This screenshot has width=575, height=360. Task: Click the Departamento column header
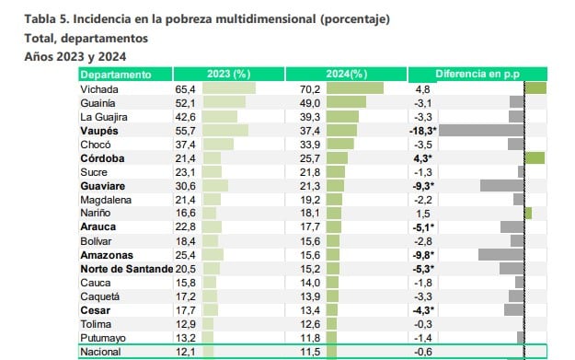115,74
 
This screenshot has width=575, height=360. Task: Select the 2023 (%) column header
229,74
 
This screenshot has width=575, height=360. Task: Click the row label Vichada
98,89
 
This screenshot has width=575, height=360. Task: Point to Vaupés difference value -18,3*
422,131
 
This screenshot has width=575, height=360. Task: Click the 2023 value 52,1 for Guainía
186,103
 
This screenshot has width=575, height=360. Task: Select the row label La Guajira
103,117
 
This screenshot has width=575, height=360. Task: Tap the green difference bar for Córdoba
535,158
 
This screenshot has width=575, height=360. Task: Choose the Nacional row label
101,352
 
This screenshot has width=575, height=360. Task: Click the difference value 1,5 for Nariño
422,214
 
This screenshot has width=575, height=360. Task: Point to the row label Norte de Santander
126,269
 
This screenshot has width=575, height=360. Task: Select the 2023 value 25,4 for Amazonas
186,255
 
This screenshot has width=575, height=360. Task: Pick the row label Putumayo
102,338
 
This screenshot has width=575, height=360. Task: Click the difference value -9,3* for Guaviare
421,186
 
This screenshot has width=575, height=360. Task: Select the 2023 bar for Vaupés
224,131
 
